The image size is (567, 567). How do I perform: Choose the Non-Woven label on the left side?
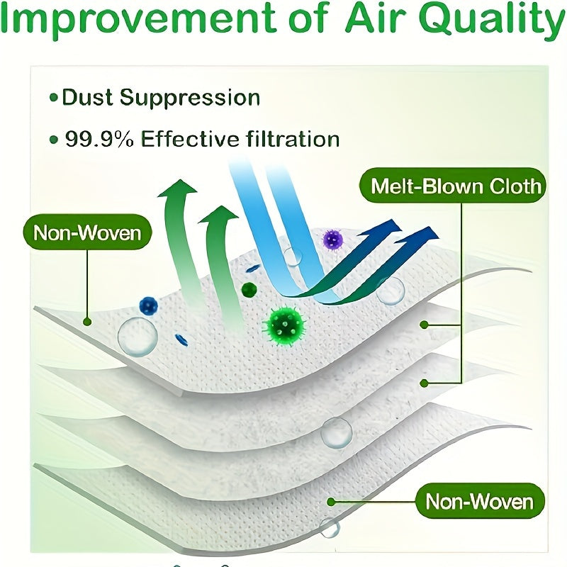[88, 232]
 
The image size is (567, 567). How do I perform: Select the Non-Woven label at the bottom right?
[479, 502]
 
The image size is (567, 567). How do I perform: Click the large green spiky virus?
[285, 324]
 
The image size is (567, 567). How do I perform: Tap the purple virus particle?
[332, 240]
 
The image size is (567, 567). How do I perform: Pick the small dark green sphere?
[249, 289]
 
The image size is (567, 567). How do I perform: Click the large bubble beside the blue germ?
[137, 336]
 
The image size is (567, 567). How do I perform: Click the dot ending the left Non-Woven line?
[87, 321]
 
